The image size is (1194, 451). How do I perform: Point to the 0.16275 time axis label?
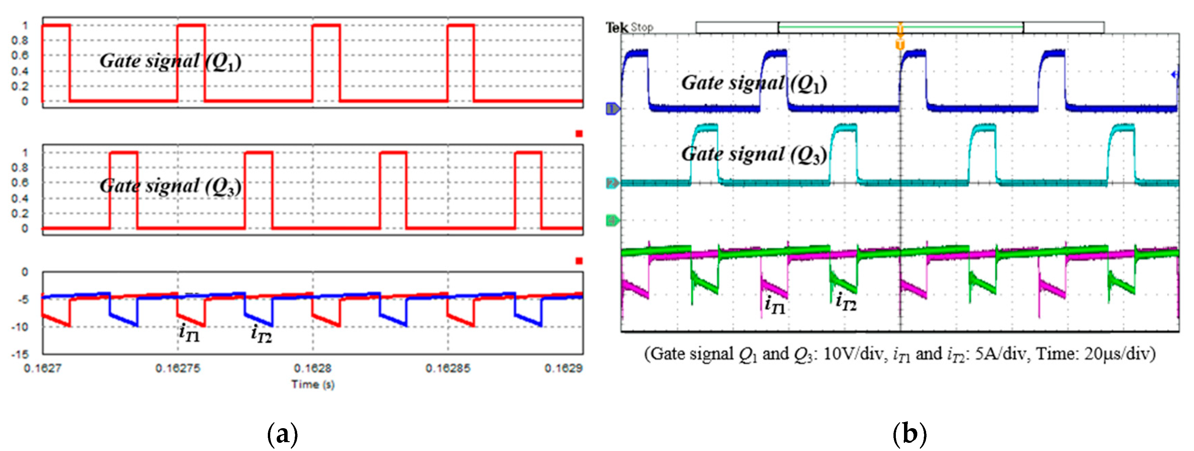(x=178, y=369)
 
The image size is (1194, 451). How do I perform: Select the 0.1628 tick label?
(x=312, y=369)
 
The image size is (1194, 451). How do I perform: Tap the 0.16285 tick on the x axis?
(x=447, y=369)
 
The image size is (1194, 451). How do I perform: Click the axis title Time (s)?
(x=312, y=384)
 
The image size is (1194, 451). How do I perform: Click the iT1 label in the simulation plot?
(x=189, y=333)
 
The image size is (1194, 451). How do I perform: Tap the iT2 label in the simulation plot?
(x=261, y=334)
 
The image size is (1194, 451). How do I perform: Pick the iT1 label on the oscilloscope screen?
(x=775, y=305)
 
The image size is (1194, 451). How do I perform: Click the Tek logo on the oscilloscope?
(x=617, y=28)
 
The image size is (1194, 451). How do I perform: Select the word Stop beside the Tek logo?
(x=642, y=27)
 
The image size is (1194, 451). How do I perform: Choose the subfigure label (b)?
(x=909, y=434)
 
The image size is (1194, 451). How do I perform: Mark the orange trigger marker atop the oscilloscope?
(x=900, y=44)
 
